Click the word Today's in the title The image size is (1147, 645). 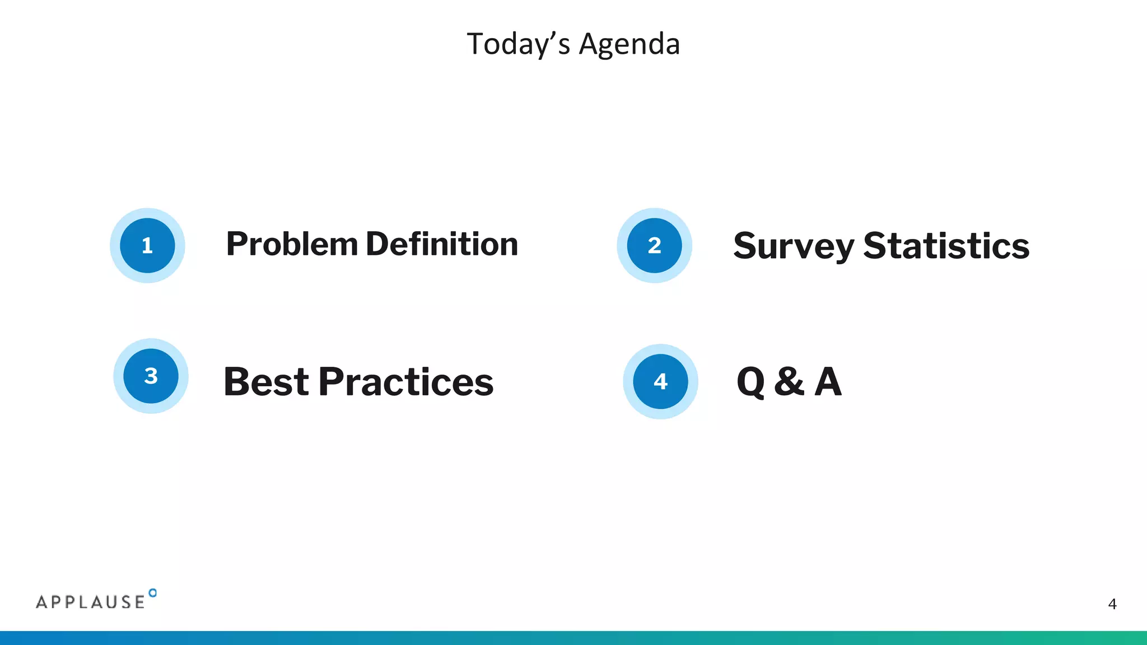point(518,44)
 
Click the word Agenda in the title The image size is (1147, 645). point(629,44)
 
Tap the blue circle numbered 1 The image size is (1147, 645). point(147,245)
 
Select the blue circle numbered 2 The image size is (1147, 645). point(654,245)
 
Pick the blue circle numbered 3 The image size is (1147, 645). point(151,376)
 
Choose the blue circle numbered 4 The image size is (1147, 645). point(660,381)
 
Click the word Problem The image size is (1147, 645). point(292,245)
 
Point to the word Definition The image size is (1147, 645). point(442,245)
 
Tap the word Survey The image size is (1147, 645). point(794,246)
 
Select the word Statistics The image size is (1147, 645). point(946,246)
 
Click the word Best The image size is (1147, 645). point(266,382)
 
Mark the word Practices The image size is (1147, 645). point(406,382)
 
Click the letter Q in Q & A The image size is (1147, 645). point(750,382)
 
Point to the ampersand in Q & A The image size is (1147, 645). point(789,381)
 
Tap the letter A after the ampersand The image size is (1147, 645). point(828,382)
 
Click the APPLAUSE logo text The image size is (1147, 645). point(91,602)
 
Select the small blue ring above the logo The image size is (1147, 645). point(153,593)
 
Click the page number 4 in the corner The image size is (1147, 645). point(1112,604)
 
